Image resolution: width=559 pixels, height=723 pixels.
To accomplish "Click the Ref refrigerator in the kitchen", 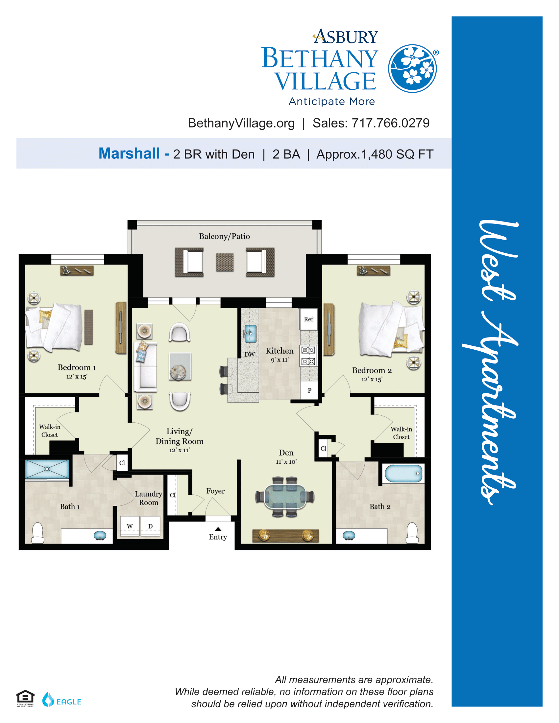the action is [x=308, y=319].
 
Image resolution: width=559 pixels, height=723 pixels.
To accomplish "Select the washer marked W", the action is [x=130, y=526].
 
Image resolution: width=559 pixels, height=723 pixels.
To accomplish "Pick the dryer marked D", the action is [x=150, y=526].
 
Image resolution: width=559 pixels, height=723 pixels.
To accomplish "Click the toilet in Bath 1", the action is [x=37, y=533].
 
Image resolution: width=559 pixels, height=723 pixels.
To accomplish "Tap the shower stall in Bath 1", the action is [x=47, y=469].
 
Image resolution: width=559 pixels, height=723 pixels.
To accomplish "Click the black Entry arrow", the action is [x=218, y=529].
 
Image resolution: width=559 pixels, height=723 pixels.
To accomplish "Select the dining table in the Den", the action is [x=285, y=497].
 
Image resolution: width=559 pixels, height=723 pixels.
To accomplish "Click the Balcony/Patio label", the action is [x=224, y=236].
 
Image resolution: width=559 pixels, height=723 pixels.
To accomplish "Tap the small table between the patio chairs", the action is [x=225, y=262].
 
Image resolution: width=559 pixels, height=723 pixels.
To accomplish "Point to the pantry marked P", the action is [x=309, y=390].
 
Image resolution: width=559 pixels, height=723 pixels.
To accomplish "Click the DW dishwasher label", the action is [x=250, y=354].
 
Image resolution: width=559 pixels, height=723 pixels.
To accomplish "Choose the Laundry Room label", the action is [x=148, y=498].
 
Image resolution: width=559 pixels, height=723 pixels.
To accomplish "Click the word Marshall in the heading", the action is [x=129, y=153].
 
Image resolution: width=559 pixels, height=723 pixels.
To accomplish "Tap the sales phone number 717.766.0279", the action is [x=390, y=123].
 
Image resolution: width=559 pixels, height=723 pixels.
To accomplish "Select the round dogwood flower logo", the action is [x=412, y=69].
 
